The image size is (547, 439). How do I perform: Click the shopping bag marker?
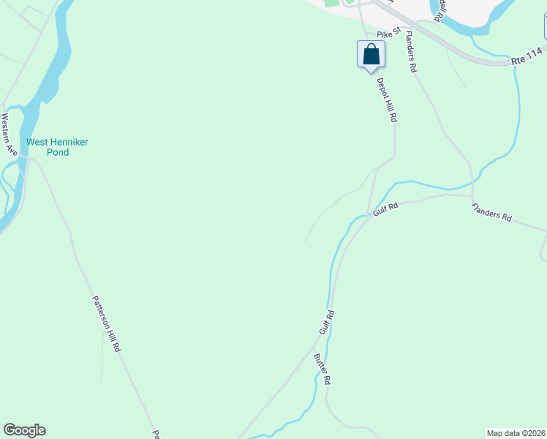[371, 55]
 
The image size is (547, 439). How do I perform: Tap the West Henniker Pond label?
[57, 147]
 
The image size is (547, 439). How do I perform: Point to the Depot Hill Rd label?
[386, 100]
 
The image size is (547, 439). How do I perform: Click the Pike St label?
[388, 34]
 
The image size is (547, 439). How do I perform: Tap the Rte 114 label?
[527, 53]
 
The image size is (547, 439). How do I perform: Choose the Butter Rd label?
[322, 370]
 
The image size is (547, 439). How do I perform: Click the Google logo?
[24, 430]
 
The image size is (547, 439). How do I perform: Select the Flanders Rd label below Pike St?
[410, 52]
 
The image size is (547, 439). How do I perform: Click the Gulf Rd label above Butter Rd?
[326, 323]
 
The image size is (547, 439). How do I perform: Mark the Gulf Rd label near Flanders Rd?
[385, 209]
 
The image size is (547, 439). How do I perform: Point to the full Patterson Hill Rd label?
[106, 324]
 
